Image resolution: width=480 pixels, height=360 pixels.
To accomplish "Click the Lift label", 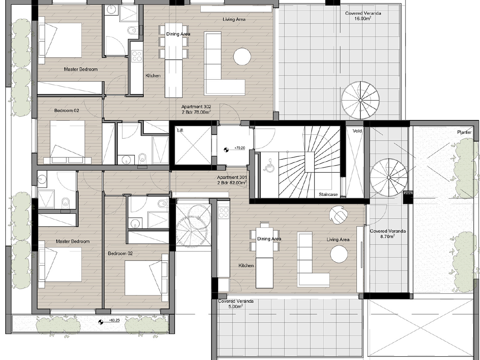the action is (x=180, y=131).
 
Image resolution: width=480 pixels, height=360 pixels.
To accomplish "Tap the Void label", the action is (x=357, y=131).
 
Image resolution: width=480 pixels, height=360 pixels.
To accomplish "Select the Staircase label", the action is (x=328, y=194).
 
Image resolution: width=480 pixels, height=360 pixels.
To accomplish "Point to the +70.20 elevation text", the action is (x=240, y=148).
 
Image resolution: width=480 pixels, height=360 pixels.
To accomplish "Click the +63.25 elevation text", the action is (x=114, y=320).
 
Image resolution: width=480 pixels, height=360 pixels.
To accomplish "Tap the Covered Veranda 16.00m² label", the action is (x=363, y=16).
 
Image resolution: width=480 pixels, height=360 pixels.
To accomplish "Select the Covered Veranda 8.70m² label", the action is (x=388, y=234).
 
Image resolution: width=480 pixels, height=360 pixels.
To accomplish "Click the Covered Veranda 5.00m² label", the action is (x=236, y=304).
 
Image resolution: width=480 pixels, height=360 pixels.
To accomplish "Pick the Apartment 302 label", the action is (x=196, y=109).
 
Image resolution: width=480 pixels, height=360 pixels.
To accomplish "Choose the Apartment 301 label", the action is (x=232, y=180).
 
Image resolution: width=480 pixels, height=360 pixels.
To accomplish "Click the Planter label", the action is (x=464, y=132).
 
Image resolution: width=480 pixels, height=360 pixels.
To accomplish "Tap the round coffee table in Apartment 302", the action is (x=242, y=57).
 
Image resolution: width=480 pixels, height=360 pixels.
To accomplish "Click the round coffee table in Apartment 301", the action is (x=339, y=254).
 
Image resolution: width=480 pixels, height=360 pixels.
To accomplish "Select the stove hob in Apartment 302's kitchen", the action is (x=137, y=56).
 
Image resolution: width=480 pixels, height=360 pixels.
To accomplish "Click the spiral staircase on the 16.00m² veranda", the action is (x=360, y=100).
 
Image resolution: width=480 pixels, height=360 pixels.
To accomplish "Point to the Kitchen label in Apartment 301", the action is (x=246, y=266).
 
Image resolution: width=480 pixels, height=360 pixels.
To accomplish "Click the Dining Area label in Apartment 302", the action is (x=178, y=34).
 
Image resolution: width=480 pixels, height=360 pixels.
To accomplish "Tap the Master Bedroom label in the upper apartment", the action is (x=81, y=69).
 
